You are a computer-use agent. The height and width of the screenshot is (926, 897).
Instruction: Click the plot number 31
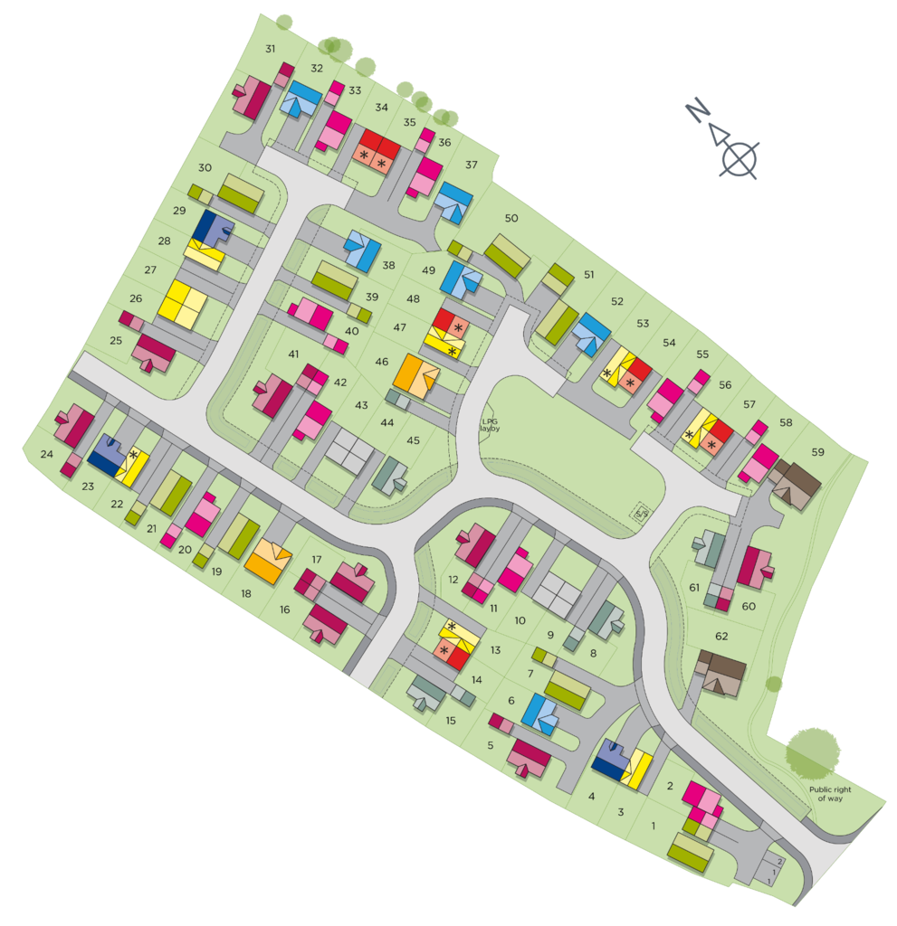click(x=270, y=49)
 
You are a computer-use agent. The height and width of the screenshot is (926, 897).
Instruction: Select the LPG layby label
click(x=490, y=423)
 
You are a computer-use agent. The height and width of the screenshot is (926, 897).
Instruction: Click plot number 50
click(x=511, y=218)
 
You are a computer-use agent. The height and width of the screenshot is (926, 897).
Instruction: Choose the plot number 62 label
click(x=721, y=636)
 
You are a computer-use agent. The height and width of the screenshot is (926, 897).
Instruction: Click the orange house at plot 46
click(x=415, y=375)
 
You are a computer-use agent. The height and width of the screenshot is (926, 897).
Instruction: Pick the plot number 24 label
click(x=47, y=455)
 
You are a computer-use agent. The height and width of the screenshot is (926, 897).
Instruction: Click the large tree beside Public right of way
click(x=813, y=750)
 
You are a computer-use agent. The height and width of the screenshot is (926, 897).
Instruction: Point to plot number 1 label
click(x=654, y=825)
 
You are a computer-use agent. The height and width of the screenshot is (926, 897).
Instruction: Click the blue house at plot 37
click(x=454, y=202)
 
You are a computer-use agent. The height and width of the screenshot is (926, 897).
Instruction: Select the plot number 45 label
click(x=413, y=440)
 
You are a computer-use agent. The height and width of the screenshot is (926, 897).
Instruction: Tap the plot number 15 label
click(x=451, y=721)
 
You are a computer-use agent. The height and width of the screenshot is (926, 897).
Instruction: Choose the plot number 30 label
click(x=205, y=167)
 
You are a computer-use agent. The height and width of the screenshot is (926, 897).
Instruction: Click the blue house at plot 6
click(x=540, y=714)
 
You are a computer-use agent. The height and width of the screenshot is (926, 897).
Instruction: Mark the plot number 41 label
click(x=293, y=354)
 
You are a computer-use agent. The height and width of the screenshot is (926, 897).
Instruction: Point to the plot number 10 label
click(x=520, y=620)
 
